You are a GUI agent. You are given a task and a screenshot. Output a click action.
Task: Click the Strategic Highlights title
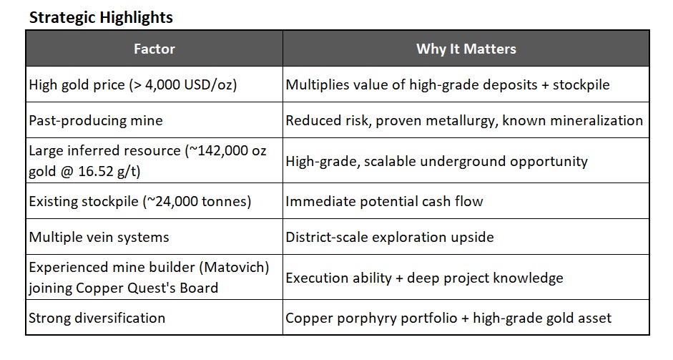(100, 18)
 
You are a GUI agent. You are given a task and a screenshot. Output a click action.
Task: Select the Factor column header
(154, 49)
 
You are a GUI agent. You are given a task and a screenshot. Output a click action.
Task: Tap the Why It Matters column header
(466, 49)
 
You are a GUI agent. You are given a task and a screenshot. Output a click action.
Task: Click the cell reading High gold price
(132, 84)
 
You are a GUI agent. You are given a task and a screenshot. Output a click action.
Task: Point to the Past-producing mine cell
(96, 120)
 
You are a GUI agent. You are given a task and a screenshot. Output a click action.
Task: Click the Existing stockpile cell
(140, 201)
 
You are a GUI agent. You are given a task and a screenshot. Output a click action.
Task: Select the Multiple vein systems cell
(100, 237)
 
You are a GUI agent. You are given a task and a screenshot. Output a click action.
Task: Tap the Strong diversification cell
(97, 318)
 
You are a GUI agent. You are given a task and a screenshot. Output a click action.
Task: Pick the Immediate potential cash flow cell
(384, 201)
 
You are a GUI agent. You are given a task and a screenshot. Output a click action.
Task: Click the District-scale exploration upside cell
(390, 237)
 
